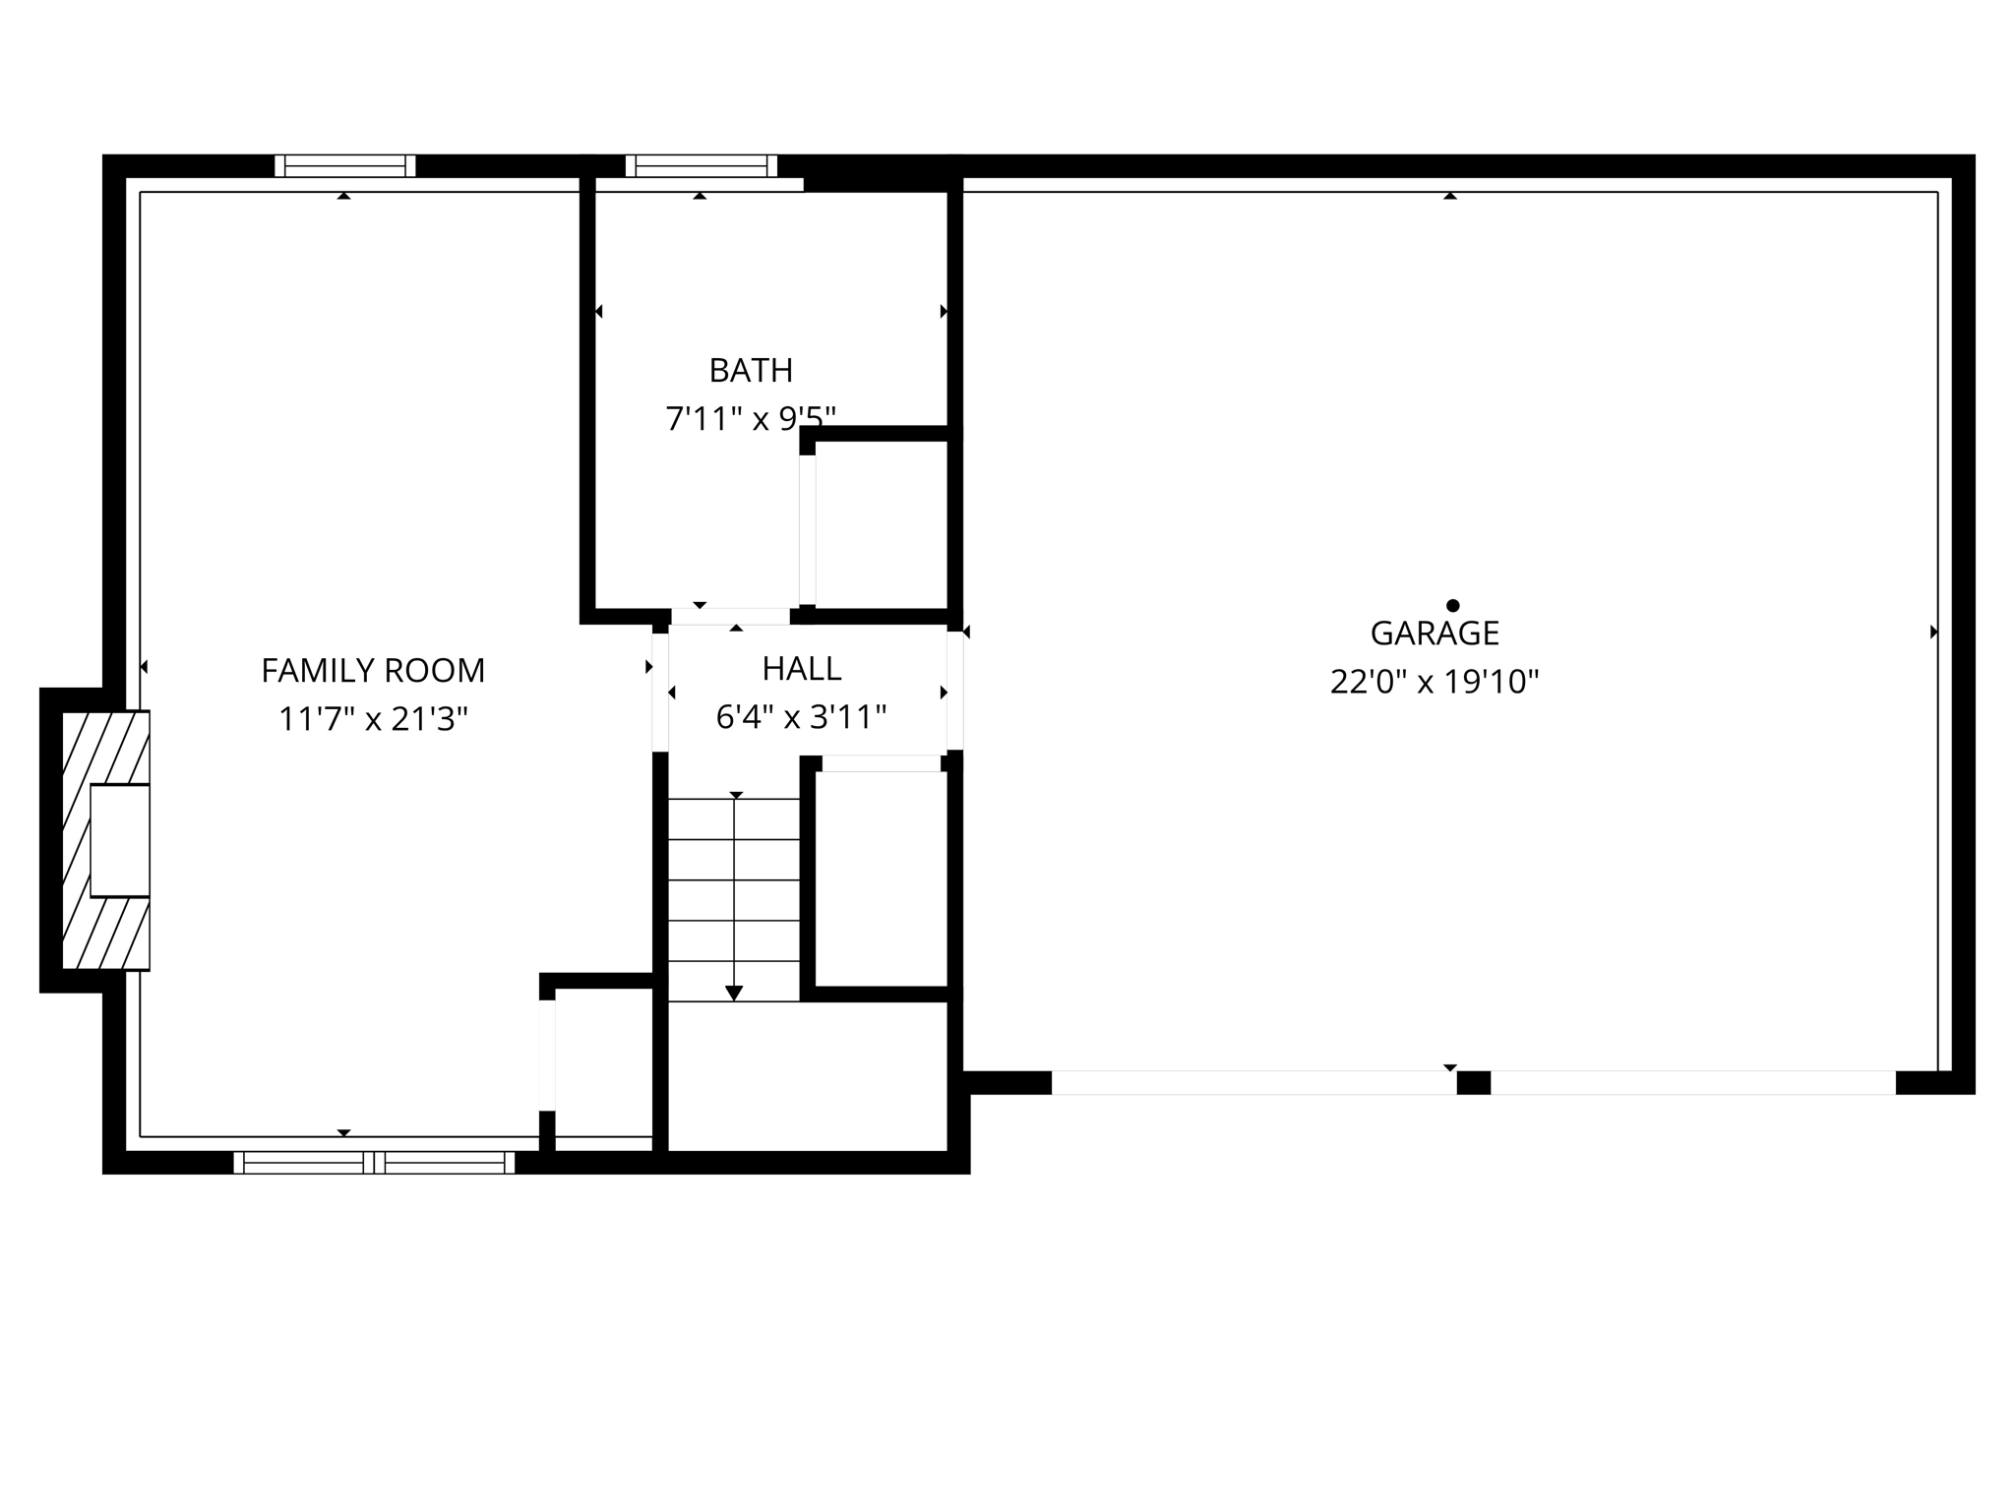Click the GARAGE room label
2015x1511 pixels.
point(1435,634)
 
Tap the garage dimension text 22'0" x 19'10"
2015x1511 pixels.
point(1435,682)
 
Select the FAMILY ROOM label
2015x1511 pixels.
point(373,671)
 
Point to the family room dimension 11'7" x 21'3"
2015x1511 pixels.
point(373,720)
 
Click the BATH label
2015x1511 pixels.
point(751,371)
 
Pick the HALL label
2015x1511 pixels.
point(802,669)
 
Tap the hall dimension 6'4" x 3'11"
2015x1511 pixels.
point(802,718)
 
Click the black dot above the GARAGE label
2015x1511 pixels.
point(1452,606)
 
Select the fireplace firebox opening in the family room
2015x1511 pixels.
point(120,841)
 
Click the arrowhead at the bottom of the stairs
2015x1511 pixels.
point(734,994)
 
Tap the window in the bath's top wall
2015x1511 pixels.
point(702,166)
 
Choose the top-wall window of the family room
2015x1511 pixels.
point(345,166)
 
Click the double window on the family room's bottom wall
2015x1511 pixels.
point(374,1163)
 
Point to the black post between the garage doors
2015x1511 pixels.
point(1473,1083)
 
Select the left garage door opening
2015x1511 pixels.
point(1253,1083)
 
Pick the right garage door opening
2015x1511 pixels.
point(1692,1083)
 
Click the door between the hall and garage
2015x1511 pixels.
point(954,691)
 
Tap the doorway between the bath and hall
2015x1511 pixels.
point(730,617)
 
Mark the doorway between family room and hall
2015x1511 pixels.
point(660,693)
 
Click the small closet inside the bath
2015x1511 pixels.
point(882,523)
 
